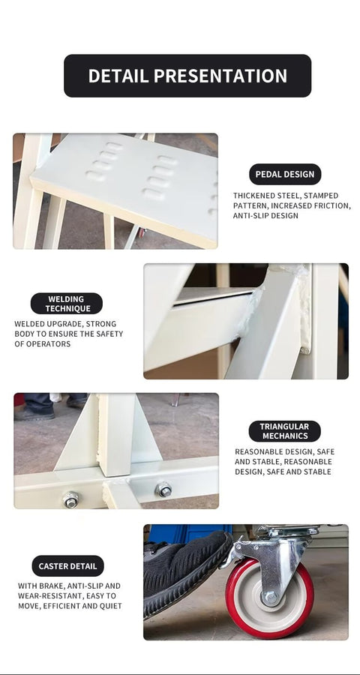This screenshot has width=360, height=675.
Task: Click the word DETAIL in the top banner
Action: [118, 76]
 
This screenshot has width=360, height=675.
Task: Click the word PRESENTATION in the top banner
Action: [220, 76]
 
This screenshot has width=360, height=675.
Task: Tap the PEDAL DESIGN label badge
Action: [285, 174]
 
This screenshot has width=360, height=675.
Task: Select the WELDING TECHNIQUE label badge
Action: [66, 304]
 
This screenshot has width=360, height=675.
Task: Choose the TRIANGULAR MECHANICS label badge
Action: [285, 431]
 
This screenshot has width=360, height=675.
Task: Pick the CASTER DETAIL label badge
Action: [68, 566]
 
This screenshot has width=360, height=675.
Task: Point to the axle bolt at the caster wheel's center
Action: [271, 597]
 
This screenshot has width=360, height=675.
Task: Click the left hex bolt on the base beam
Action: [70, 499]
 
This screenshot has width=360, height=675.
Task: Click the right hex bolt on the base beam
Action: [163, 490]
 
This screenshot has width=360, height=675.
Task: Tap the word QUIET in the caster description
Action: [112, 606]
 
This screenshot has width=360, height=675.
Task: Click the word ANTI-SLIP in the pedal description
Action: [250, 216]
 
